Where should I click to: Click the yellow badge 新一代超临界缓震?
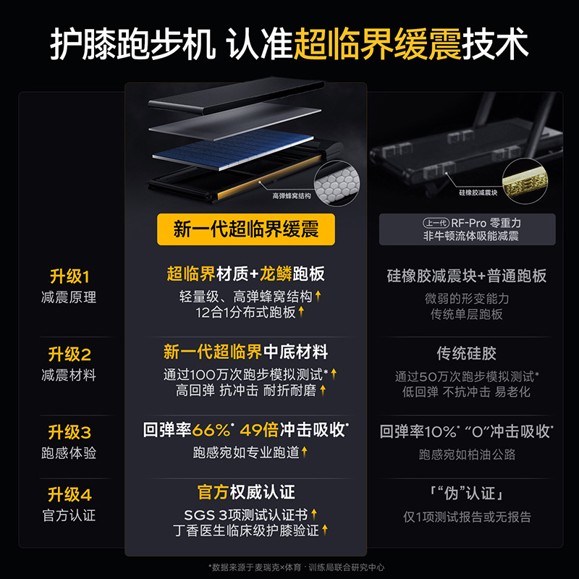pos(246,229)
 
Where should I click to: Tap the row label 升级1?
pos(69,276)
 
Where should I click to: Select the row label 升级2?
pos(69,355)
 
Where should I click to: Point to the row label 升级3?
pos(69,433)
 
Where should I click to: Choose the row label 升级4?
pos(69,496)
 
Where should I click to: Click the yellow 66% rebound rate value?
pos(213,430)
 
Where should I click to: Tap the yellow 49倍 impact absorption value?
pos(261,430)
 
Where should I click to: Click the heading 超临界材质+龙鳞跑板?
pos(246,274)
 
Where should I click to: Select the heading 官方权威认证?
pos(246,493)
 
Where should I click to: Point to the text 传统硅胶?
pos(467,354)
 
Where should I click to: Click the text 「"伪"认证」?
pos(467,494)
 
